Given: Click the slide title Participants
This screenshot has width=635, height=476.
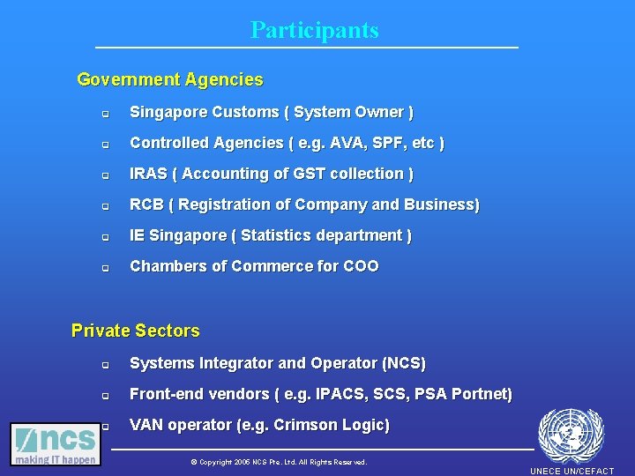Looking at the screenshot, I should (314, 30).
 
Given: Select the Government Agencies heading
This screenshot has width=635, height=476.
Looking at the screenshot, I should (170, 80).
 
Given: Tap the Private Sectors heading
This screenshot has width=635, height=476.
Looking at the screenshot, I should (135, 331).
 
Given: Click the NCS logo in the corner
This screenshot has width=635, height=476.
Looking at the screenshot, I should (55, 444).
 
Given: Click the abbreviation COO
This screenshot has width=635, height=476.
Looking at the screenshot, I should (361, 266).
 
